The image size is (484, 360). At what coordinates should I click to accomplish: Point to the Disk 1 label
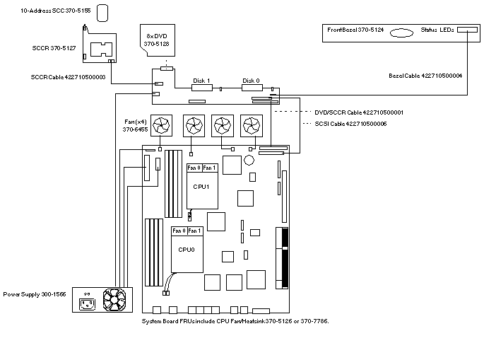(201, 81)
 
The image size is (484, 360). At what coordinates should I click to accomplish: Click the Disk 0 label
(251, 81)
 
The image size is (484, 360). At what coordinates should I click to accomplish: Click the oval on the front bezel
(401, 32)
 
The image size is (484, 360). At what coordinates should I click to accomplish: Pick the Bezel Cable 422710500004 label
(425, 75)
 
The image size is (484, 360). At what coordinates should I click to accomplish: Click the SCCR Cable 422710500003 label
(73, 77)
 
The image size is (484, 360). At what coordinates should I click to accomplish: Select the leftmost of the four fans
(163, 125)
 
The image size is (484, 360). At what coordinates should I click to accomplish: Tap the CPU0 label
(186, 250)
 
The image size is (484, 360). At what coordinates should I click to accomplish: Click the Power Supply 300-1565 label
(35, 294)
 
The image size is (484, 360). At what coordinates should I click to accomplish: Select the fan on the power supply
(114, 300)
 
